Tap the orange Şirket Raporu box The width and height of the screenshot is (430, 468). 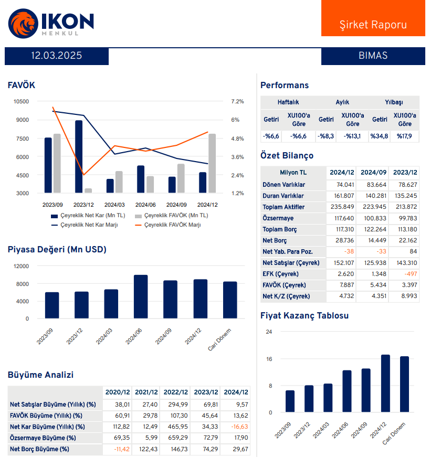click(373, 25)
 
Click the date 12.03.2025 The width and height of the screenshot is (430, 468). click(57, 56)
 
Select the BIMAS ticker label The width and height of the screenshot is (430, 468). click(373, 56)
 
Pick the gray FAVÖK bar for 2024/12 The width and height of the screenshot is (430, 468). click(212, 163)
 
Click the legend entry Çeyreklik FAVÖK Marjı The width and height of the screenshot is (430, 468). click(173, 225)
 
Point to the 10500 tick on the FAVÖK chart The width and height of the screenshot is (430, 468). click(21, 101)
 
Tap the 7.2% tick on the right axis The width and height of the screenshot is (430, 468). click(237, 101)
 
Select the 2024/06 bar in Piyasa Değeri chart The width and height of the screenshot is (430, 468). click(141, 296)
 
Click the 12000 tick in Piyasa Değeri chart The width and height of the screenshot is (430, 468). click(21, 266)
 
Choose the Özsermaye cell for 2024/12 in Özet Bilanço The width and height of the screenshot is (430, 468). click(342, 218)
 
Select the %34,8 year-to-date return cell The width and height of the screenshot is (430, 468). click(379, 136)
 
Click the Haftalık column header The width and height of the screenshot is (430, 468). click(288, 102)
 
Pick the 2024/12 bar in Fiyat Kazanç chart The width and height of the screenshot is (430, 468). click(385, 383)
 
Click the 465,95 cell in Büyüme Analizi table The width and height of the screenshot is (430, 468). click(176, 427)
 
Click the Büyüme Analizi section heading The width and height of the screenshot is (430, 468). click(40, 375)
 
